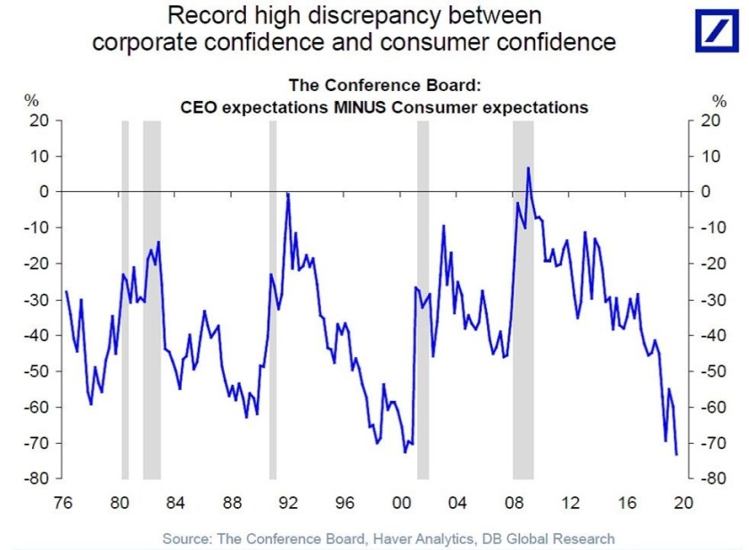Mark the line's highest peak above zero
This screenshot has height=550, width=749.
point(529,168)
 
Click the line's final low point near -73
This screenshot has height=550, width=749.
point(677,454)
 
